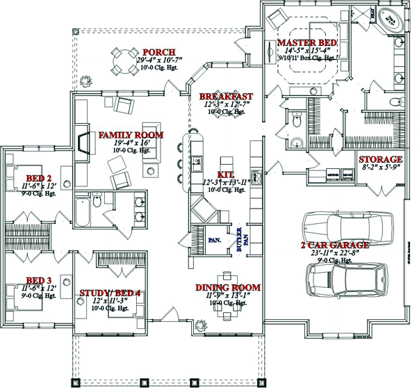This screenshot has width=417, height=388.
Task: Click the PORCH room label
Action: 158,52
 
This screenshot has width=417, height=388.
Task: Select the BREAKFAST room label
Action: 226,96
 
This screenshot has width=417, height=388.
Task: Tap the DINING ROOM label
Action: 227,287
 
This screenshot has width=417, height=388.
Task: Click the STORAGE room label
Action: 381,159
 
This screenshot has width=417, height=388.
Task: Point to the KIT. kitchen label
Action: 226,173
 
